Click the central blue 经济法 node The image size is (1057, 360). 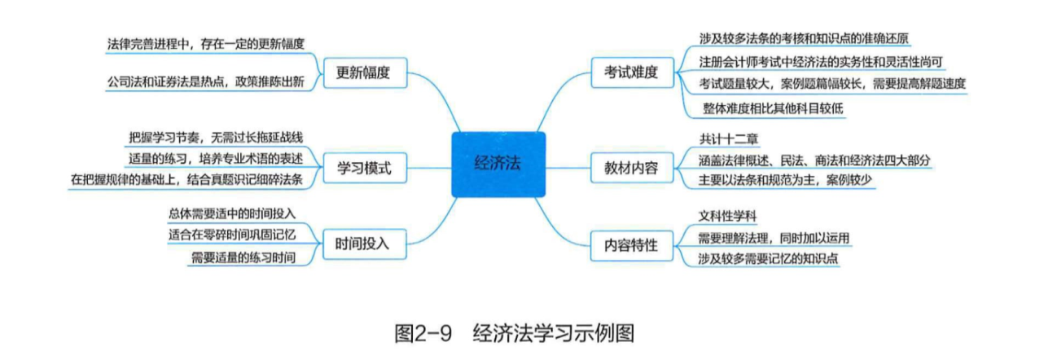click(x=498, y=163)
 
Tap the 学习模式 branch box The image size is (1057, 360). click(x=364, y=169)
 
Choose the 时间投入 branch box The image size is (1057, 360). click(x=364, y=242)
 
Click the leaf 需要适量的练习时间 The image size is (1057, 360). click(x=242, y=257)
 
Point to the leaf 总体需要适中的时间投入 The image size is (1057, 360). click(x=232, y=213)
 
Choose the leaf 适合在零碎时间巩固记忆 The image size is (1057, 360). click(x=232, y=235)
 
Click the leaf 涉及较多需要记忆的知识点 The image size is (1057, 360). click(x=769, y=258)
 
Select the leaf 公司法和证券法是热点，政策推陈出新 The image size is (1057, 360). click(x=210, y=83)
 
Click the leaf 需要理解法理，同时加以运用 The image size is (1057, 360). click(x=774, y=238)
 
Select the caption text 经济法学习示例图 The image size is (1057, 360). click(x=553, y=334)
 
